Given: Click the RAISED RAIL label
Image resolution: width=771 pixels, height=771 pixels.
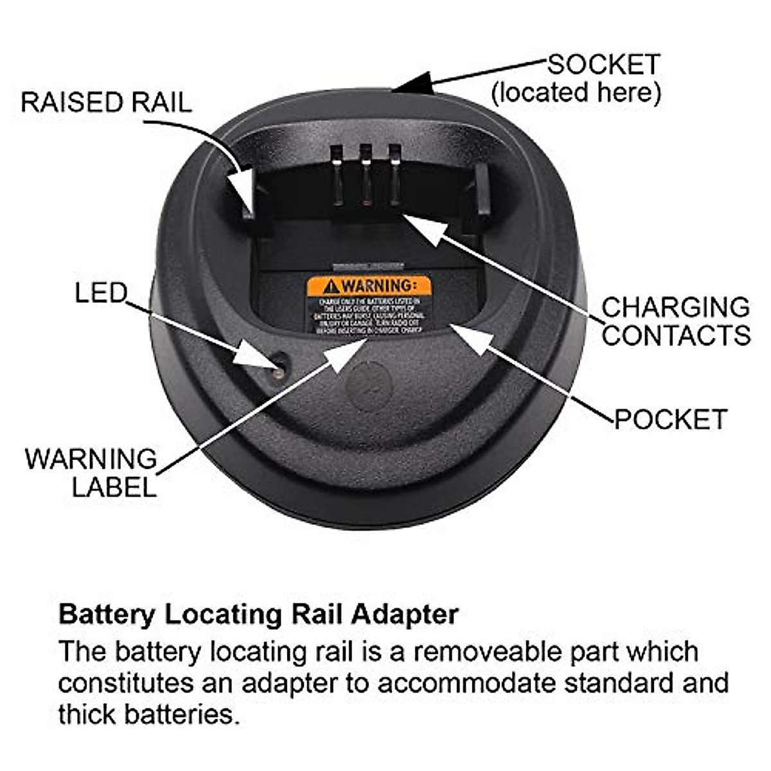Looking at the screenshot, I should [x=106, y=103].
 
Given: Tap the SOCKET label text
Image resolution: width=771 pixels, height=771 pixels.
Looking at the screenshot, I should [x=603, y=65].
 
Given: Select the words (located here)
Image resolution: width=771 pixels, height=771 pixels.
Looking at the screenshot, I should [x=576, y=93].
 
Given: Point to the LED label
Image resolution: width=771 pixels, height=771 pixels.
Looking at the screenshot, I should [x=101, y=293].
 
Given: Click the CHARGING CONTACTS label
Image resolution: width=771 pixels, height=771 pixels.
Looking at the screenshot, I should [x=675, y=321].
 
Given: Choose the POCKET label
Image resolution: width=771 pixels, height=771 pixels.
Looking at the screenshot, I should [x=670, y=419].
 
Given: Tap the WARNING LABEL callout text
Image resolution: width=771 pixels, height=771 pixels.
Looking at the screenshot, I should [x=91, y=473].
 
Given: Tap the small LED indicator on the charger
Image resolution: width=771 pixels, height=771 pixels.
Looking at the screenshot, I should [x=279, y=370].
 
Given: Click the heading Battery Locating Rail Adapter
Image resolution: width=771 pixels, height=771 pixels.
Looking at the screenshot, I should [x=258, y=614].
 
